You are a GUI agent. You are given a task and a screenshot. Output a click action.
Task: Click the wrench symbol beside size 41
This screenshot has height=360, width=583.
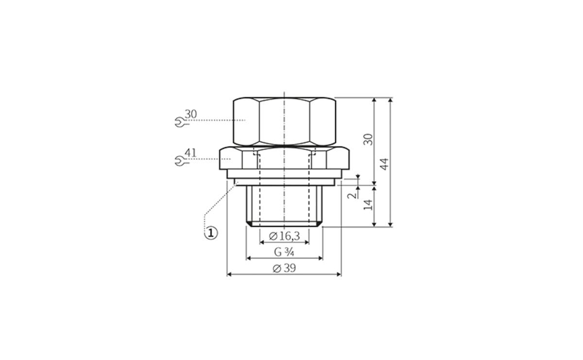pyautogui.click(x=179, y=161)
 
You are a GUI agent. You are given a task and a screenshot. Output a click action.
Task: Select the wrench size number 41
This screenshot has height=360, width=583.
pyautogui.click(x=190, y=153)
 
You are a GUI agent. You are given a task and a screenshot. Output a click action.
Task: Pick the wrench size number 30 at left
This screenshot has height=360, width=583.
pyautogui.click(x=190, y=114)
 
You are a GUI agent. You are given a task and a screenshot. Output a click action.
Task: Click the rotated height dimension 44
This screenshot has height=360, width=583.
pyautogui.click(x=385, y=163)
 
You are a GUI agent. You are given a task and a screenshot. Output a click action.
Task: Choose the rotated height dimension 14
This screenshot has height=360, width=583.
pyautogui.click(x=369, y=204)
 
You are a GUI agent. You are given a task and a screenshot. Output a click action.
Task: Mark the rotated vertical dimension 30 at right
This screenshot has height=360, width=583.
pyautogui.click(x=369, y=139)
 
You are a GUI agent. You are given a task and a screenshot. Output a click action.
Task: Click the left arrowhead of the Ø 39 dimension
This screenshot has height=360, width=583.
pyautogui.click(x=230, y=274)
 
